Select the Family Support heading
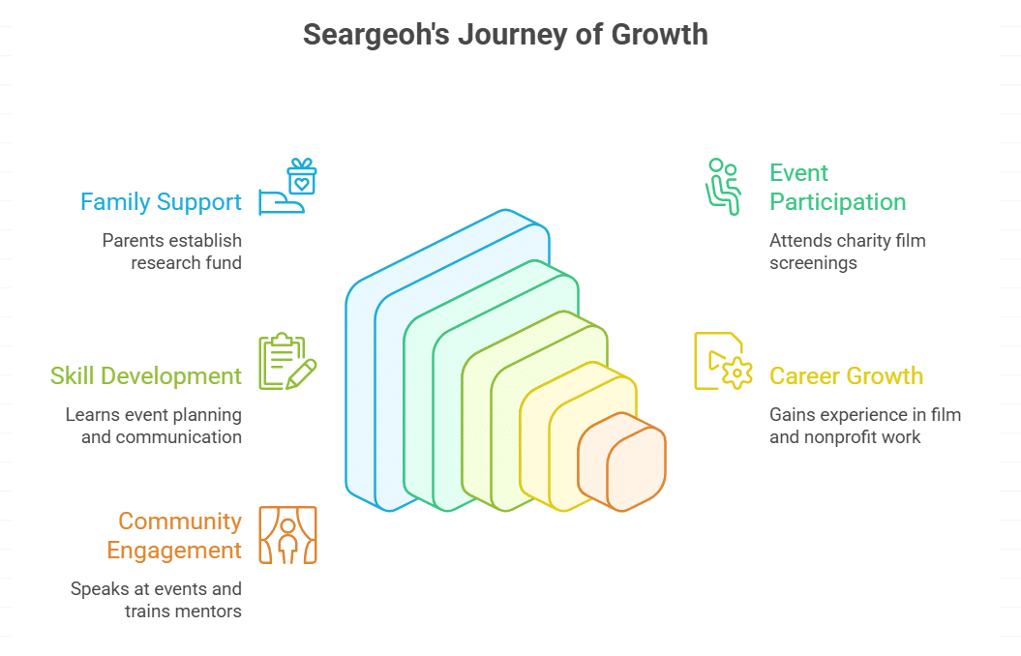[x=161, y=202]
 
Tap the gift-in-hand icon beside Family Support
[x=288, y=187]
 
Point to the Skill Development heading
[x=146, y=376]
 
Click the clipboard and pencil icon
[x=287, y=361]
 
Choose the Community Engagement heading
[x=174, y=536]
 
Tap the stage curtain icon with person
[x=287, y=535]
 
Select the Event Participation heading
[x=837, y=188]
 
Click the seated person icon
[x=722, y=187]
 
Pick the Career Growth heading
[x=846, y=376]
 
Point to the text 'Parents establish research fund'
[x=172, y=252]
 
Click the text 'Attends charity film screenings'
[x=847, y=252]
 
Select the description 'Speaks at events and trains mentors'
[x=156, y=600]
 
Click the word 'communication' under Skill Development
[x=179, y=437]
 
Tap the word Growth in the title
[x=660, y=35]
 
